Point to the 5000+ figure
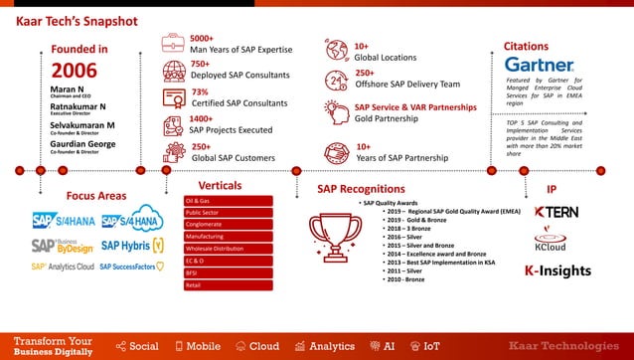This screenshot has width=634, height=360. pyautogui.click(x=202, y=38)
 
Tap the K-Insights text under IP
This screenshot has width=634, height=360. pyautogui.click(x=557, y=270)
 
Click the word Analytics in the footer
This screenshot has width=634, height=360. pyautogui.click(x=332, y=346)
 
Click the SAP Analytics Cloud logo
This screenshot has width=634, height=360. pyautogui.click(x=62, y=267)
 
